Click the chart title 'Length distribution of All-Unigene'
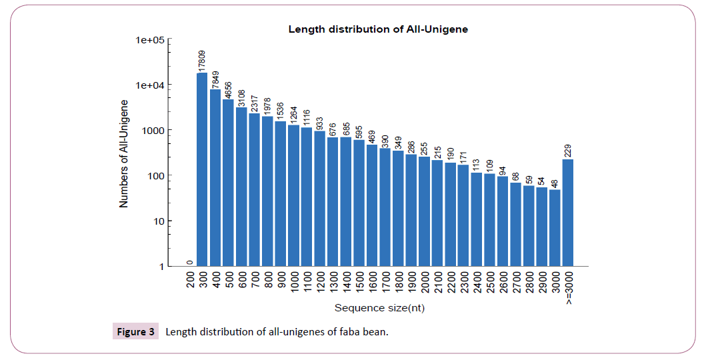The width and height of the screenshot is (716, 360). click(378, 29)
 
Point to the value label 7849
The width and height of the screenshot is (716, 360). click(215, 79)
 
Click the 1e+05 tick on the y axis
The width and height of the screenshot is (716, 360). click(150, 40)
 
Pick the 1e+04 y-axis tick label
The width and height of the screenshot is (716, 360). click(150, 85)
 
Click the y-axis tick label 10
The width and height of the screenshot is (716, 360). click(159, 221)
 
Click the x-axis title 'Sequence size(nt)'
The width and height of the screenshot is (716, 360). click(379, 308)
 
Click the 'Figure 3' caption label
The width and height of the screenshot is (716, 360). click(135, 331)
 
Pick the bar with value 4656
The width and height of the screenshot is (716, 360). click(228, 183)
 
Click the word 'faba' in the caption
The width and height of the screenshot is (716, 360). click(345, 331)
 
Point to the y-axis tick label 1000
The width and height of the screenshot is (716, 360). click(154, 131)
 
